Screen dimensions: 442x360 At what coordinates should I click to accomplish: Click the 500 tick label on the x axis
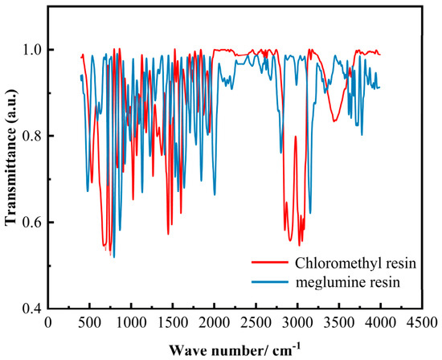tap(89, 322)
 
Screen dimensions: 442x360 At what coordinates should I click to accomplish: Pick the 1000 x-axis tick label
tap(131, 322)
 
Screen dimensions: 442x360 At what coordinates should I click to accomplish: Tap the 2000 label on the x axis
tap(215, 322)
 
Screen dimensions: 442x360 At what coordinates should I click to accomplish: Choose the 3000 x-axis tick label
tap(297, 322)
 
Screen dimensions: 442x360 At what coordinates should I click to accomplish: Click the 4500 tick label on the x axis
tap(422, 322)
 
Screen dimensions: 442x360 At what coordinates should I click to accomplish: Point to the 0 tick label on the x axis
tap(48, 322)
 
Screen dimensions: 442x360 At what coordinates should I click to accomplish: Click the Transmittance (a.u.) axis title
tap(10, 157)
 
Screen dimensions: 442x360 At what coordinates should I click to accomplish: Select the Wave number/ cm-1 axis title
tap(235, 350)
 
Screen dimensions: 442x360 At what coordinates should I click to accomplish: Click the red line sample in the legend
tap(270, 262)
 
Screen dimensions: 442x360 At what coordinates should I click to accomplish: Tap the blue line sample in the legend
tap(270, 281)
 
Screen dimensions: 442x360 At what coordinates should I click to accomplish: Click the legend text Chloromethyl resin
tap(355, 264)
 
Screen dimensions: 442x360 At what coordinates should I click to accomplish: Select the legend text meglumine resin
tap(347, 283)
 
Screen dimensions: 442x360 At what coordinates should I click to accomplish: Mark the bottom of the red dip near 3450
tap(334, 121)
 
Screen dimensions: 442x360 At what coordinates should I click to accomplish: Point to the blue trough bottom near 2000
tap(215, 194)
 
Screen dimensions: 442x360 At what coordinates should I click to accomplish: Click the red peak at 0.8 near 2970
tap(296, 137)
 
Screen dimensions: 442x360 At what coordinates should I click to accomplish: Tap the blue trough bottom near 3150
tap(310, 213)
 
